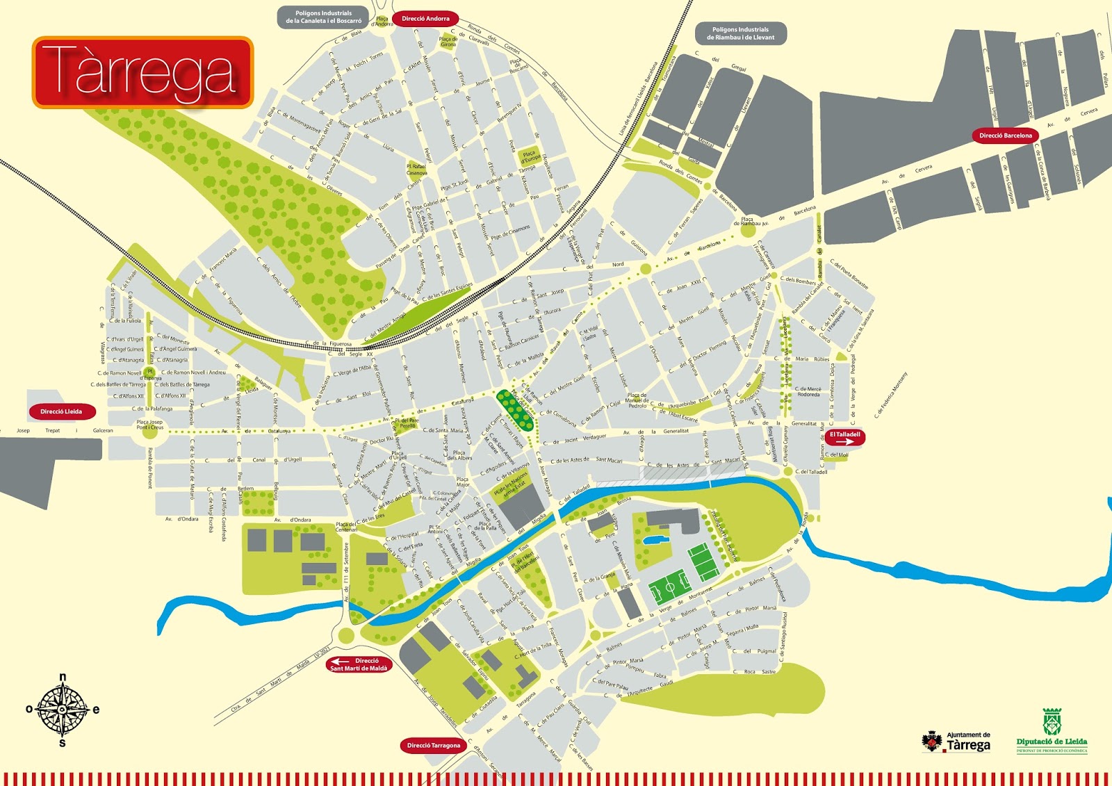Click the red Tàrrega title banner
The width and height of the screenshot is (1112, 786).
[142, 72]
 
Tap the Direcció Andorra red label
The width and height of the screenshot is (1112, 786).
[425, 19]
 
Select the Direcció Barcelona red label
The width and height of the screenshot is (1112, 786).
[1005, 136]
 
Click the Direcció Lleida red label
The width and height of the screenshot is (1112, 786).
[61, 411]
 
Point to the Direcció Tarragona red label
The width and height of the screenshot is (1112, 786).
[433, 746]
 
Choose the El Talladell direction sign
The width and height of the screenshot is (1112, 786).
[844, 438]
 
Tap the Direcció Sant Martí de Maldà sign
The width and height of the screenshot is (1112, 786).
[359, 664]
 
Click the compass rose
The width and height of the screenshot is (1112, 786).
[63, 710]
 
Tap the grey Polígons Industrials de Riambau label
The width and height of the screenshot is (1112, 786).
[740, 33]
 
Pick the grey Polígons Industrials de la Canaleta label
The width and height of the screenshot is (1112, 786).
[323, 17]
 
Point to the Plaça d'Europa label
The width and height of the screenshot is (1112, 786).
[530, 157]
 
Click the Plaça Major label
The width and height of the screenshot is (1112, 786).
[462, 482]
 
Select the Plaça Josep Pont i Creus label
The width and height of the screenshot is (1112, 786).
[149, 425]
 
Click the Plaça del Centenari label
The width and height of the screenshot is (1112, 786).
[346, 527]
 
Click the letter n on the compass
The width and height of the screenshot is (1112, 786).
[63, 677]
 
